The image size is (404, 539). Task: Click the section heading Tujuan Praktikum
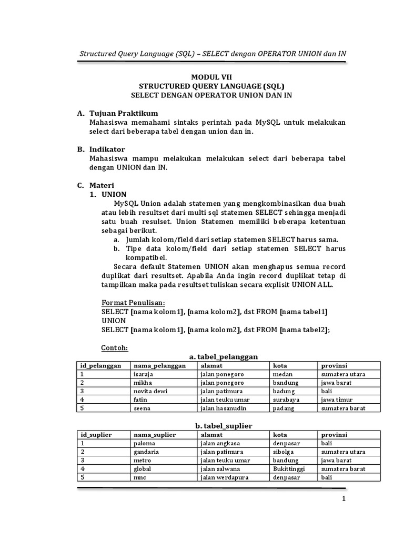tap(123, 113)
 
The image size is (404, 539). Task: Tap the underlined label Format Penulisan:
tap(133, 303)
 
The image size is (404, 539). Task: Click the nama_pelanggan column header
tap(159, 365)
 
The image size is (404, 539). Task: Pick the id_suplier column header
tap(97, 435)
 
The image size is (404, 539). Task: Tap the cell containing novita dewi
tap(150, 391)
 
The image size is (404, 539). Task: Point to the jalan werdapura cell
tap(224, 477)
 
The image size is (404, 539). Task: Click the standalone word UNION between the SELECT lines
tap(113, 321)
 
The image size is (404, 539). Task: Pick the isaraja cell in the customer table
tap(144, 374)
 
